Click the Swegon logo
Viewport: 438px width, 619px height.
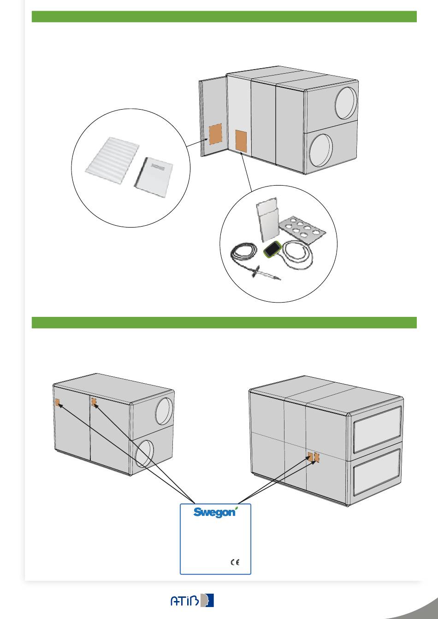[x=215, y=512]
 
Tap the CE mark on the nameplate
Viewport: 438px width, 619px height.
[x=235, y=562]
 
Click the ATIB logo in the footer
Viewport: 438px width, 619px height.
[x=192, y=600]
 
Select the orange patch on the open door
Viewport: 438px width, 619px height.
[x=215, y=134]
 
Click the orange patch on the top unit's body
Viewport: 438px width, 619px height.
[x=241, y=141]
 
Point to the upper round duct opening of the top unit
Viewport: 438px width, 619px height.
[x=346, y=103]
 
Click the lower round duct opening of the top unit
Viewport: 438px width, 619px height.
[x=321, y=151]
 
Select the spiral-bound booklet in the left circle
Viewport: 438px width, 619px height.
[x=154, y=177]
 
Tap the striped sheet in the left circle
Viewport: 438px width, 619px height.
[x=112, y=160]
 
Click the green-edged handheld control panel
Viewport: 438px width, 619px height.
[x=272, y=248]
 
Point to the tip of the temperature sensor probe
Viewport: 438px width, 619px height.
[x=281, y=280]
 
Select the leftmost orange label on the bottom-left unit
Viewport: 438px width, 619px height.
[x=58, y=403]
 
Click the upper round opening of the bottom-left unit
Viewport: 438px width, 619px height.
[x=164, y=411]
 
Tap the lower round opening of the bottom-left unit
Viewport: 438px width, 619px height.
[x=144, y=454]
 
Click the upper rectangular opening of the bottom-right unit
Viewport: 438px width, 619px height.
[x=378, y=430]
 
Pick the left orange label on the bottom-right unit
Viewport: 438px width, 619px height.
[x=310, y=457]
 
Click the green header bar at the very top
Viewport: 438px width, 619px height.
[x=224, y=17]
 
